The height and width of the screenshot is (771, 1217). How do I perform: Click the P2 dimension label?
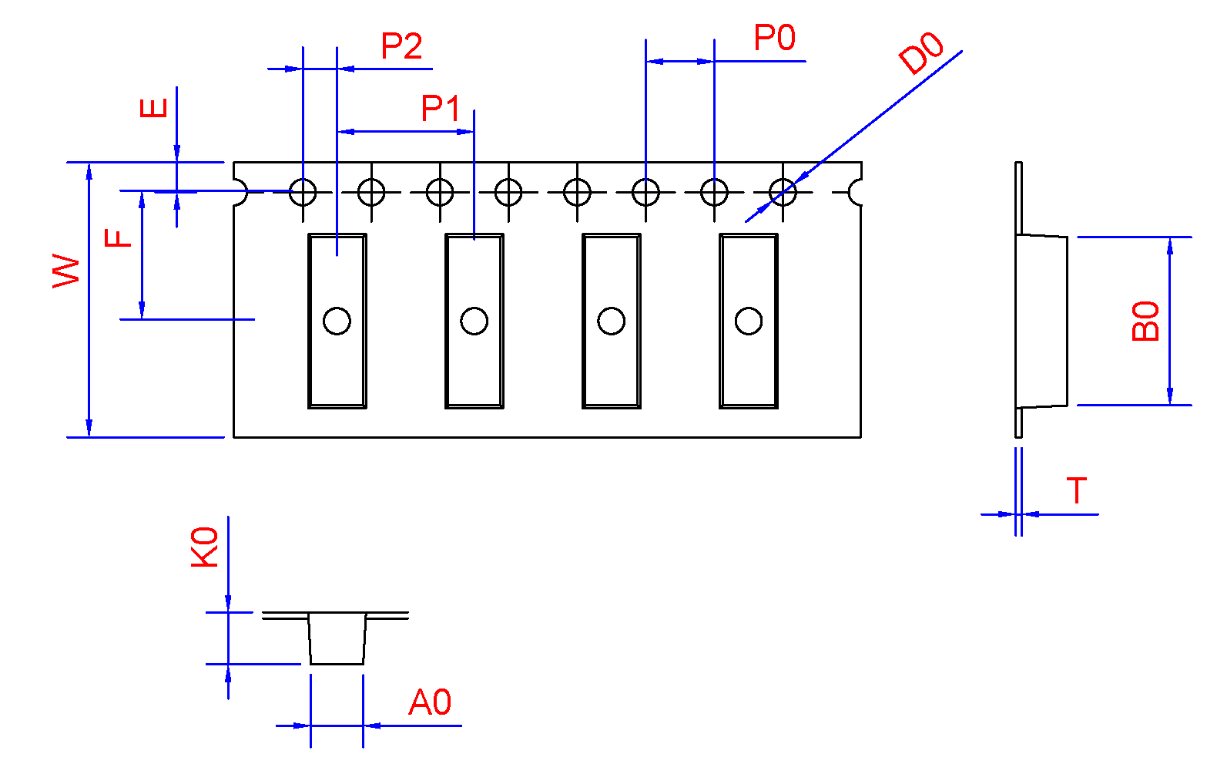pos(401,47)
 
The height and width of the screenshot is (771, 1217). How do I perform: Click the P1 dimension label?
pos(441,109)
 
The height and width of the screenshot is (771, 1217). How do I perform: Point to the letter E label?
pos(154,107)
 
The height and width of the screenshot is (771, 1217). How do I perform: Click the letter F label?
pos(119,237)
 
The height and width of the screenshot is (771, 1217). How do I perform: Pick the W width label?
pos(67,271)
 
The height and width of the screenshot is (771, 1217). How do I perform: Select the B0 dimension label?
pos(1146,321)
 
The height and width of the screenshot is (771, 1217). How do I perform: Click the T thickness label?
pos(1076,491)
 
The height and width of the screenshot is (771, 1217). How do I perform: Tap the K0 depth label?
pos(205,547)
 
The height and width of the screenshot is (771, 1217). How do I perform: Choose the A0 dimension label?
pos(430,703)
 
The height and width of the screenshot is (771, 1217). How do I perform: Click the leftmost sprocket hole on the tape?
pos(303,191)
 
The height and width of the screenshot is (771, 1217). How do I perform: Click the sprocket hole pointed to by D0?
pos(783,191)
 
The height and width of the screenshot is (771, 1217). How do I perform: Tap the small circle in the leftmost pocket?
pos(337,321)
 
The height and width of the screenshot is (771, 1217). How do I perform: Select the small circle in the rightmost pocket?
pos(749,321)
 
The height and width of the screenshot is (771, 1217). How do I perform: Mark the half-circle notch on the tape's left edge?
pos(239,191)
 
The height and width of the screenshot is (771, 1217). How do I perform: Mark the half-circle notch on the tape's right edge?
pos(855,191)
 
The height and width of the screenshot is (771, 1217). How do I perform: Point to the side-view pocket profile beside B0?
pos(1041,321)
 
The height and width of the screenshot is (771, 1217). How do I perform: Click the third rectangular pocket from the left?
pos(612,321)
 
